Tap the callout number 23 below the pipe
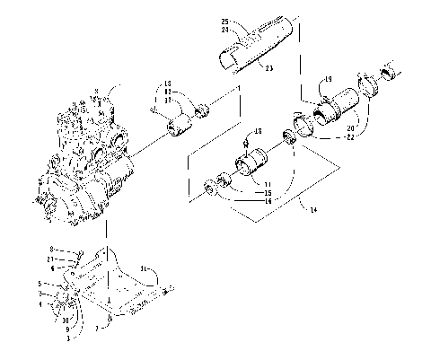[x=268, y=67]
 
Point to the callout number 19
[x=330, y=79]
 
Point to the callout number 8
[x=78, y=249]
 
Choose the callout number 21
[x=78, y=259]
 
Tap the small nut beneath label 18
[x=247, y=144]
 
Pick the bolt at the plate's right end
[x=167, y=288]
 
